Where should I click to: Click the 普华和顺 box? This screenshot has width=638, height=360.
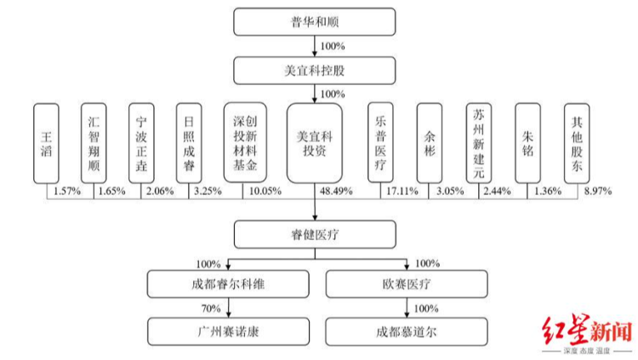(314, 21)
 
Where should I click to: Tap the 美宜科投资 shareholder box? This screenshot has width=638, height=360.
(314, 142)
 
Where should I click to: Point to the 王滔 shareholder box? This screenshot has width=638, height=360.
(46, 142)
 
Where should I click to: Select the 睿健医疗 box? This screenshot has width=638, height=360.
(314, 234)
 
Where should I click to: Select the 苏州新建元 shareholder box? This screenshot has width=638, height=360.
(478, 142)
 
